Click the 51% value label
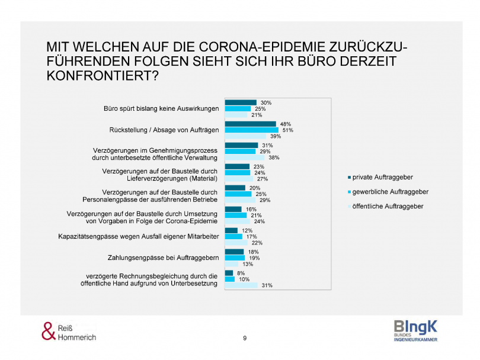click(287, 130)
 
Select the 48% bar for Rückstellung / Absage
click(251, 124)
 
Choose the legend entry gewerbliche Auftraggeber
click(391, 192)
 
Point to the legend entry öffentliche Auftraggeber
click(388, 206)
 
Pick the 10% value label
click(244, 279)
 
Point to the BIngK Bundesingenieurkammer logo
click(415, 330)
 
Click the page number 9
click(245, 338)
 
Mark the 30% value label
click(266, 102)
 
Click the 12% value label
click(247, 230)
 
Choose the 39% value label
click(275, 137)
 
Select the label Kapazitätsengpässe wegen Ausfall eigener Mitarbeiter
click(139, 237)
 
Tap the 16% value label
click(251, 209)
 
